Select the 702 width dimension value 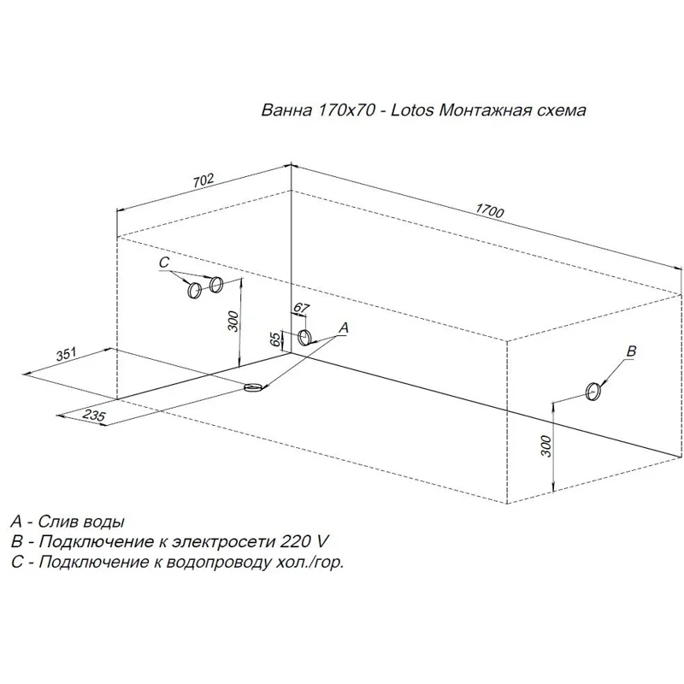[x=203, y=181]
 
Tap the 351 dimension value [x=67, y=355]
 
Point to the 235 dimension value [x=94, y=416]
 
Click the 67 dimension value [x=301, y=308]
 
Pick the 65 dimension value [x=275, y=339]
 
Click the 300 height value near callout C [x=233, y=321]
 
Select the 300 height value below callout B [x=546, y=446]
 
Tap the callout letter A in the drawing [x=344, y=327]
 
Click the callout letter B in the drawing [x=631, y=351]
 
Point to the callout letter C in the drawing [x=163, y=262]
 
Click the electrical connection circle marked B [x=593, y=392]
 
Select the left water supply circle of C [x=194, y=290]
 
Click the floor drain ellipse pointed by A [x=253, y=387]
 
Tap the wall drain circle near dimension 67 [x=304, y=338]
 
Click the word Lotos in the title [x=412, y=110]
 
